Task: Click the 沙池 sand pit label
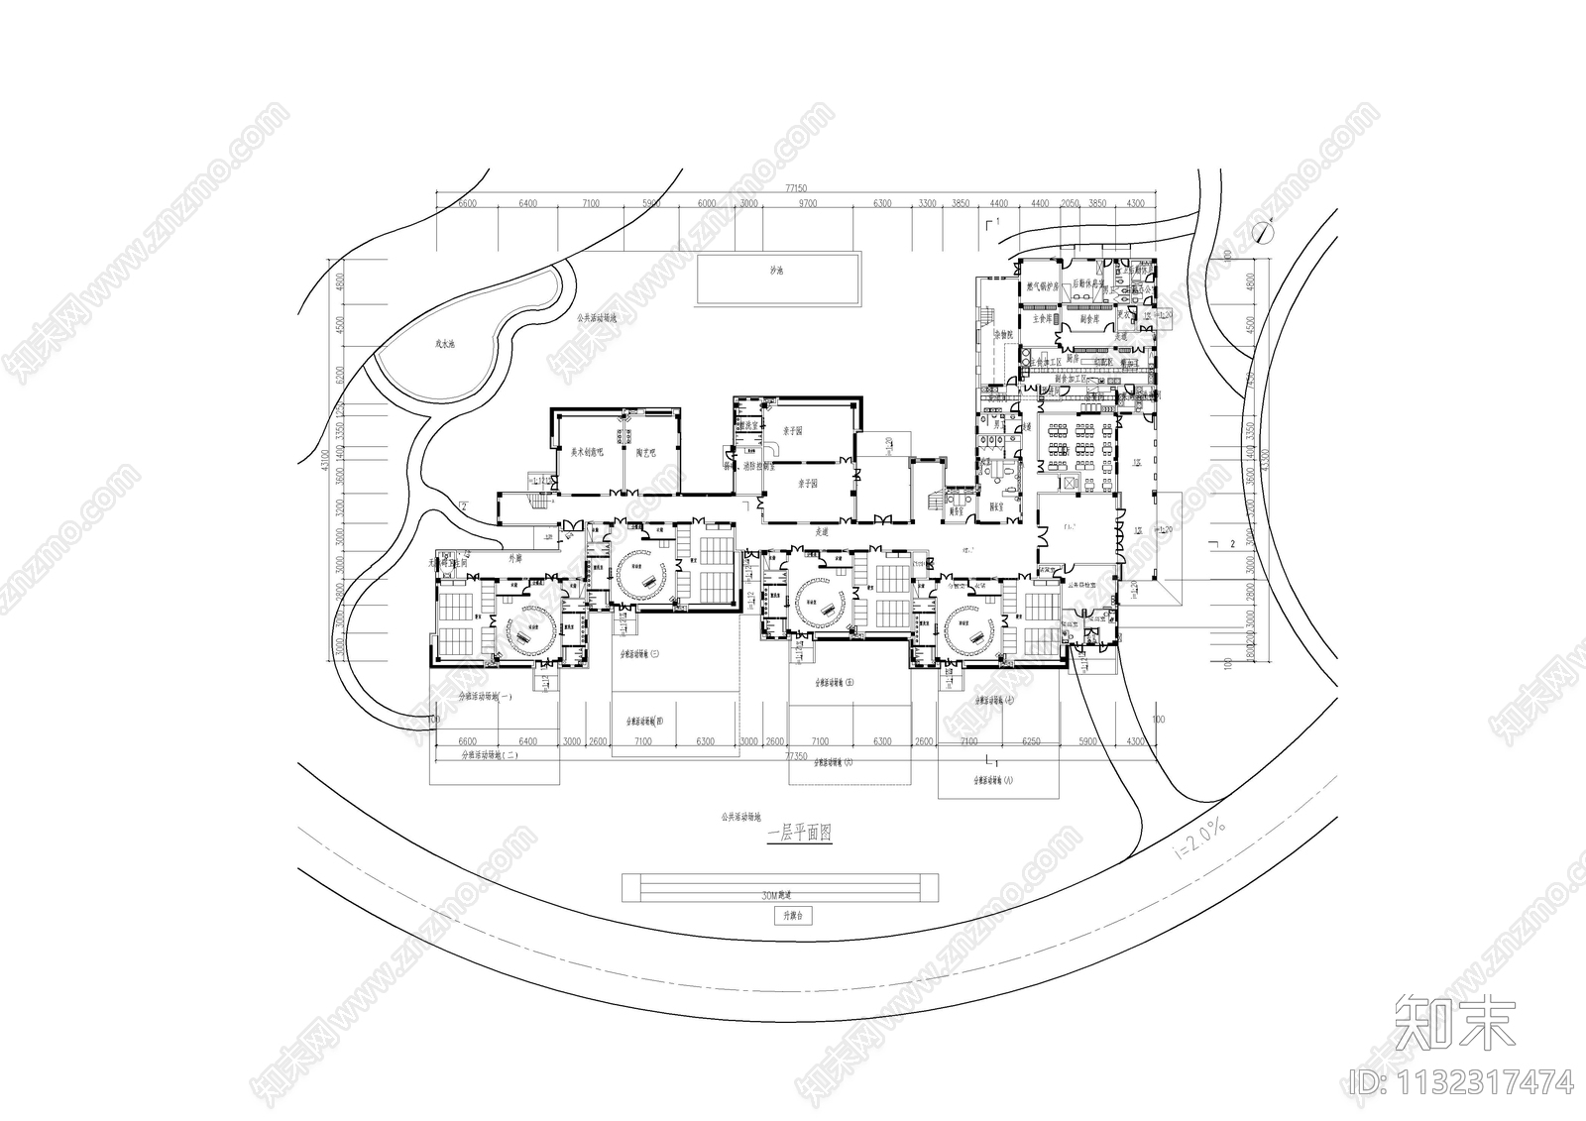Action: pyautogui.click(x=776, y=271)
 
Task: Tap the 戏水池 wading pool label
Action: pyautogui.click(x=444, y=344)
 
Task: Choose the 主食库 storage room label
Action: pyautogui.click(x=1040, y=319)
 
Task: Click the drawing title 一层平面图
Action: pyautogui.click(x=800, y=836)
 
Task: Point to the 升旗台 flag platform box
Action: pyautogui.click(x=792, y=917)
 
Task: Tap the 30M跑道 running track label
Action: pyautogui.click(x=780, y=894)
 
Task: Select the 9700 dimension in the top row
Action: pyautogui.click(x=808, y=203)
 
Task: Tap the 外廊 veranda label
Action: pyautogui.click(x=514, y=558)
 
